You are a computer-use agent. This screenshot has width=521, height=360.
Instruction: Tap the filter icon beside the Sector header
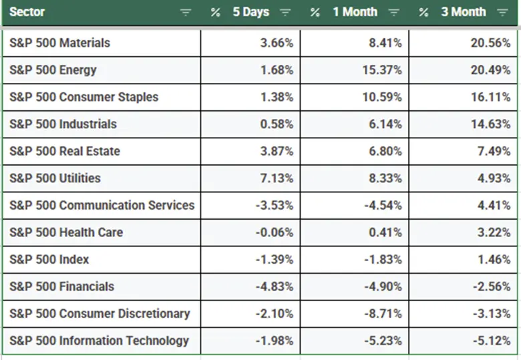coord(186,13)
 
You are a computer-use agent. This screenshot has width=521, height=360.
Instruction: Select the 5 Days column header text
coord(250,12)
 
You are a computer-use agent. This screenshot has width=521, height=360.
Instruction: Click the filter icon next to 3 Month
coord(502,13)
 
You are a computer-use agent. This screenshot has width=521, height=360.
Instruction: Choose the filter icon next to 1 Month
coord(394,13)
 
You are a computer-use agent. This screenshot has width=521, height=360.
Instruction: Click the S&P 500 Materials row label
coord(60,43)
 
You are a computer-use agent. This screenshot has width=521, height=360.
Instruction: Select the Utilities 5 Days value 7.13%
coord(275,178)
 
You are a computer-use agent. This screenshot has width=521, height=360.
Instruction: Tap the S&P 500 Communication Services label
coord(102,205)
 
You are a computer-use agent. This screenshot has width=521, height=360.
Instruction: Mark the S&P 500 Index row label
coord(49,259)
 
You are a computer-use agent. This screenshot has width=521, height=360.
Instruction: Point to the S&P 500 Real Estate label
coord(65,151)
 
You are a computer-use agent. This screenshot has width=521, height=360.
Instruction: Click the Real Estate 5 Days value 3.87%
coord(275,151)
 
